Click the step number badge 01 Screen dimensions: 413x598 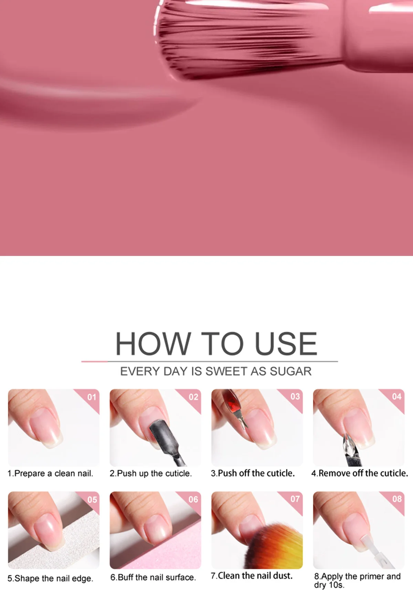click(92, 397)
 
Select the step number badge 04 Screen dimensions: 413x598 click(396, 396)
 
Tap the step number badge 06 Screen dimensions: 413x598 click(193, 499)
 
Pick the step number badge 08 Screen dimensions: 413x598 click(397, 499)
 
